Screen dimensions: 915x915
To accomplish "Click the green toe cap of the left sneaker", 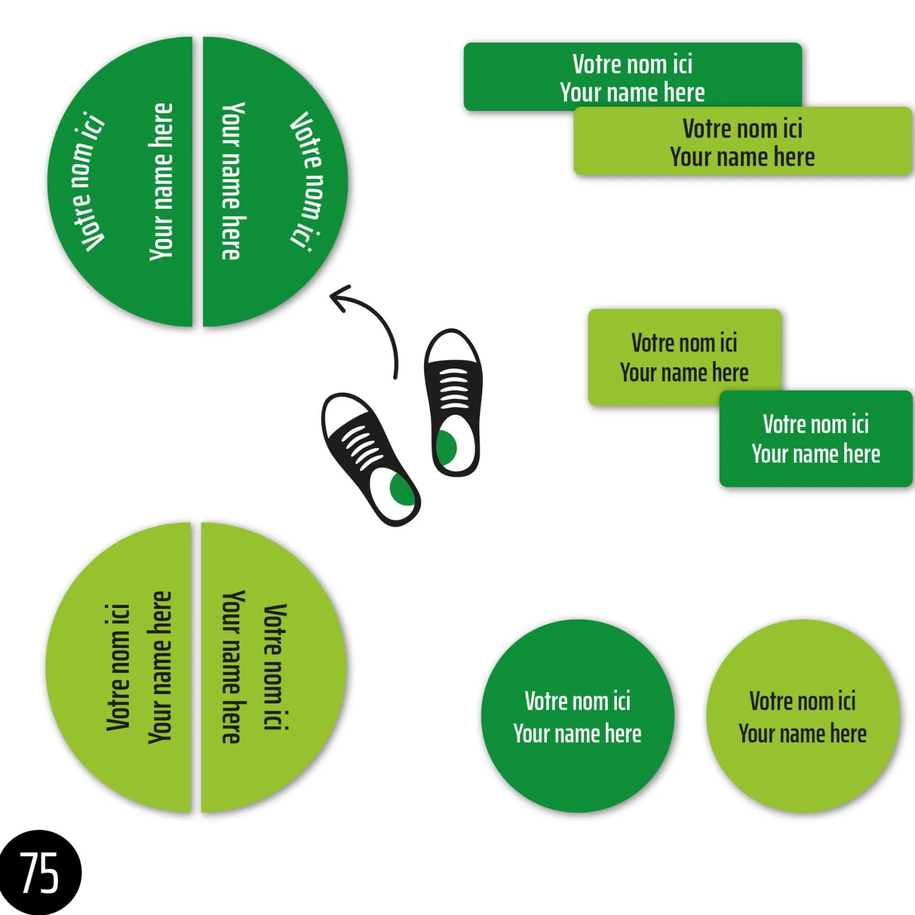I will point(401,489).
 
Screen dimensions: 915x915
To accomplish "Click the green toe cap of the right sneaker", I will point(446,447).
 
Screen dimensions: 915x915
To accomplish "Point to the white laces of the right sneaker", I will point(454,389).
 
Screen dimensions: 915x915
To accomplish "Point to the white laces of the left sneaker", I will point(361,448).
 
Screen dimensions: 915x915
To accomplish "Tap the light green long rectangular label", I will point(743,142).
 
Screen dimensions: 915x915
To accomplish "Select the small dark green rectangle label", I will point(816,439).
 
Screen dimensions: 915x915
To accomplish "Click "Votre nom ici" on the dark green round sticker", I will point(577,701).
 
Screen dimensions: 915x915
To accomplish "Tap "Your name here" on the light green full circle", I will point(803,733).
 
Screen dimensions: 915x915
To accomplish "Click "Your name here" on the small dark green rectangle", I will point(816,454).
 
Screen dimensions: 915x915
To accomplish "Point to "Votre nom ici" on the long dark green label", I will point(632,64).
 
